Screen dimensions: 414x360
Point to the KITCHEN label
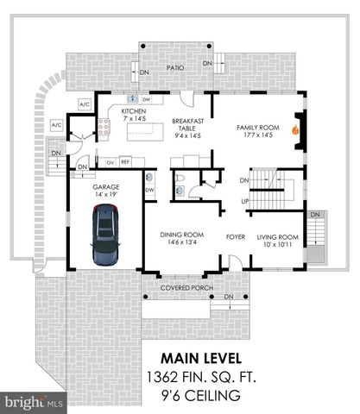[134, 112]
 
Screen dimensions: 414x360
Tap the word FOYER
[237, 235]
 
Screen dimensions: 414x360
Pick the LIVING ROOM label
[277, 236]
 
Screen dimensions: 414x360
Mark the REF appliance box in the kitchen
[125, 161]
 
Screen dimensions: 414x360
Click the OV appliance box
[110, 161]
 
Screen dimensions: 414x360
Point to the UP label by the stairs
[244, 201]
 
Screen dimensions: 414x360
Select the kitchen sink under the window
[134, 98]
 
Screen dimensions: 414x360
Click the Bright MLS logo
[33, 401]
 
